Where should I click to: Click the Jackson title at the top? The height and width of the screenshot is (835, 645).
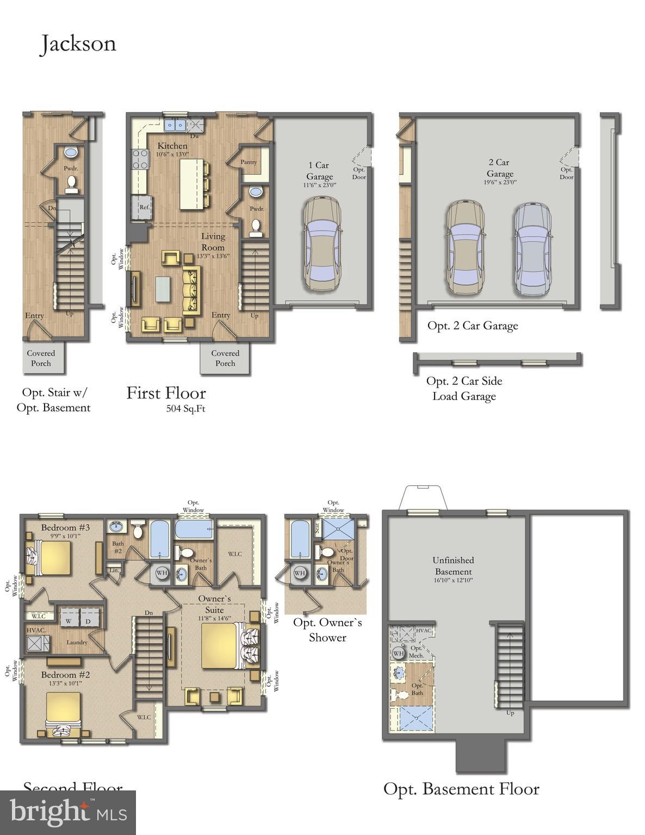click(x=78, y=44)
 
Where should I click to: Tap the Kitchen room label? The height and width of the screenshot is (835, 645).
click(x=172, y=146)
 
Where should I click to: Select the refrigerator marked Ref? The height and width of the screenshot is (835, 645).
click(x=144, y=207)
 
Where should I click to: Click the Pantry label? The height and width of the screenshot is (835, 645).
click(x=249, y=162)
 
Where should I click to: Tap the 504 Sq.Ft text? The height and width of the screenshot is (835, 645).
click(x=185, y=409)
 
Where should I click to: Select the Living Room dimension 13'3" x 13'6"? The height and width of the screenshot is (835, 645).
click(x=213, y=256)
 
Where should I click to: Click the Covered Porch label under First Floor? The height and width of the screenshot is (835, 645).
click(x=225, y=358)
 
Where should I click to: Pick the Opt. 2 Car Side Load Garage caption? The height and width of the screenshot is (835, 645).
click(x=464, y=388)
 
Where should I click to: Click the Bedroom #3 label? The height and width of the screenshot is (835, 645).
click(x=65, y=527)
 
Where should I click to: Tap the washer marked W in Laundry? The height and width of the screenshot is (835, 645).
click(x=69, y=621)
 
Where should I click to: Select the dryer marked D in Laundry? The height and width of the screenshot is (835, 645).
click(x=88, y=621)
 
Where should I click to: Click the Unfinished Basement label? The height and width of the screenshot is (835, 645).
click(x=453, y=565)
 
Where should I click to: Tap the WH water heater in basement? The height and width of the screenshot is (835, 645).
click(x=398, y=653)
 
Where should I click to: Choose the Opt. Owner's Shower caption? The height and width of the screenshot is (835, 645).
click(x=327, y=630)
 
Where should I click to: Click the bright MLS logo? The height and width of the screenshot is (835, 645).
click(x=68, y=813)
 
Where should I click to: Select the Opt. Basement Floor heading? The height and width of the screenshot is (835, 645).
click(x=461, y=789)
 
